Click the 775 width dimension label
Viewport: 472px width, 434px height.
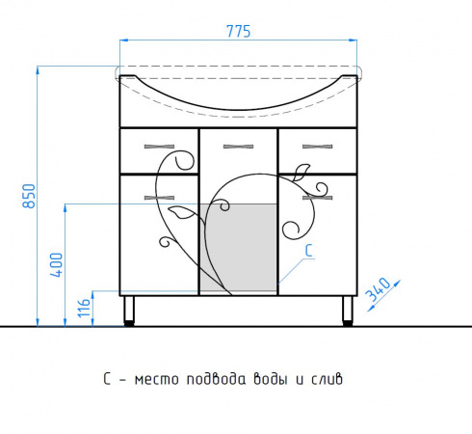pos(238,31)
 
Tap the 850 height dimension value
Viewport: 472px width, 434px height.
pos(29,196)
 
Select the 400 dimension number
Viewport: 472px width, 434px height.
pos(56,265)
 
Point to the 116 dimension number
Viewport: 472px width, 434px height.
pos(84,308)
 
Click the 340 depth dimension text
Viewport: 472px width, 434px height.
pos(379,289)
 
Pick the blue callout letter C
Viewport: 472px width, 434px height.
pos(308,251)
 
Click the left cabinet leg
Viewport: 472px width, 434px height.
pos(129,311)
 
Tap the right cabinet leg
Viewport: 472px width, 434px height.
pos(348,311)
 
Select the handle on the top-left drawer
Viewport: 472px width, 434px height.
pos(159,147)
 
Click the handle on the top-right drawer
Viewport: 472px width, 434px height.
pos(318,147)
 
